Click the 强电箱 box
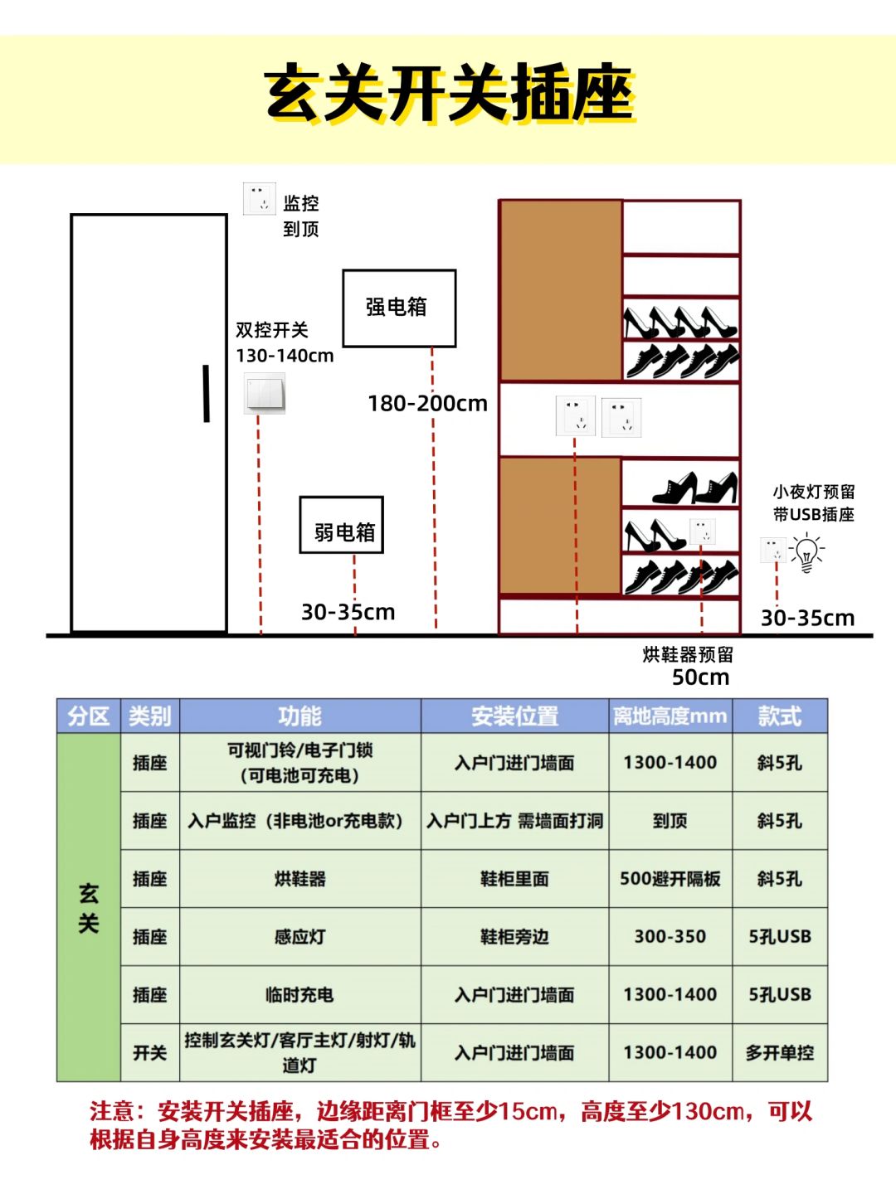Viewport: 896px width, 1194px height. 399,308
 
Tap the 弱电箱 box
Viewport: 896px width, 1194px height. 341,526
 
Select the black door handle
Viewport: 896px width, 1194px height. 206,393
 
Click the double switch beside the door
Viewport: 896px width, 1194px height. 265,393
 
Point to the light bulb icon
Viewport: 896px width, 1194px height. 806,552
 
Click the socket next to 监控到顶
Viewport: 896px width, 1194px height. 259,199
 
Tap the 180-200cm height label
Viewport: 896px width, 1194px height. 427,404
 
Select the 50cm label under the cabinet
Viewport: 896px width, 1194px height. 700,677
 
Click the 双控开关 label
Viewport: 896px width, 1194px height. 272,330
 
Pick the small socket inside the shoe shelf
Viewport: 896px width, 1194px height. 702,531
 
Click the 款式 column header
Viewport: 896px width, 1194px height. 779,716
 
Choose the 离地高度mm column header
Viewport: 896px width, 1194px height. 670,716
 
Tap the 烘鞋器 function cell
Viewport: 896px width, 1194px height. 299,879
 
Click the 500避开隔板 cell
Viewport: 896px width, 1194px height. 670,879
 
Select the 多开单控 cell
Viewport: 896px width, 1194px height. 779,1053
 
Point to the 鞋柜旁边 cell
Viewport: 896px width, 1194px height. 514,937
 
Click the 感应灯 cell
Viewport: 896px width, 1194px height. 299,937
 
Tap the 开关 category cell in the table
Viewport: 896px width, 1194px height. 149,1053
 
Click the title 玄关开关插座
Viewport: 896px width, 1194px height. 448,93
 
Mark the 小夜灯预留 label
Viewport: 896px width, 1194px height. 813,493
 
